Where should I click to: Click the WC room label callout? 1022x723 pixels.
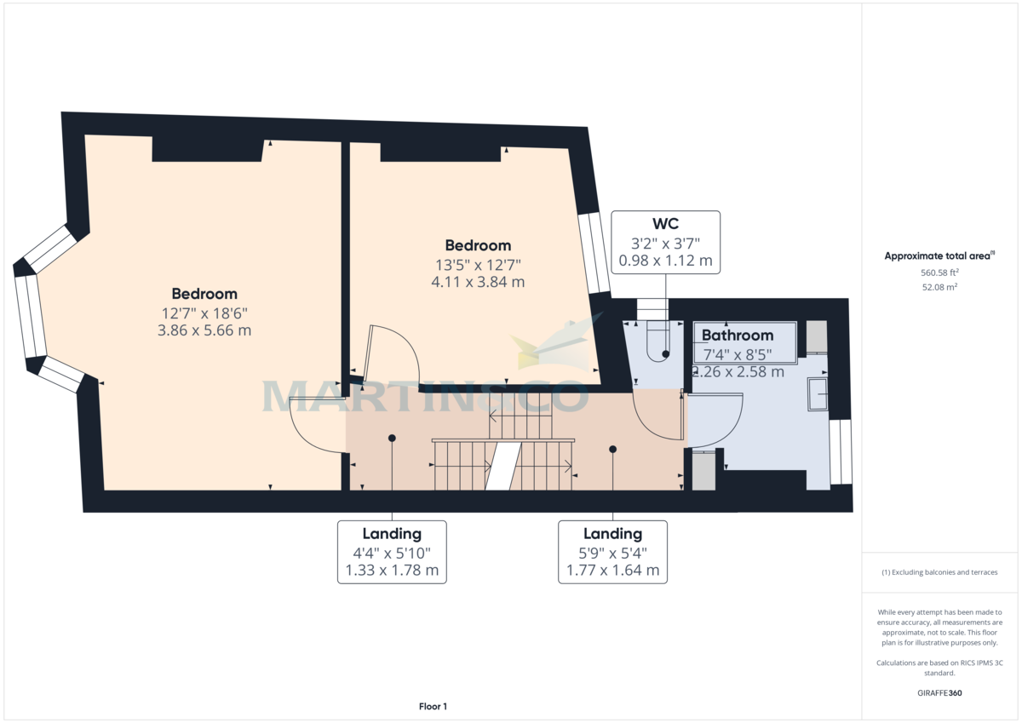click(x=666, y=242)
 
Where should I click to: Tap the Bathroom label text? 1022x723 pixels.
click(x=738, y=336)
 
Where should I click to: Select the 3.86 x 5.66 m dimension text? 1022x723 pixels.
click(x=204, y=330)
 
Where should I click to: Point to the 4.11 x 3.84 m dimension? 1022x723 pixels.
click(x=477, y=281)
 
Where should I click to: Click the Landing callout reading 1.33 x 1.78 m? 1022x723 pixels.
click(x=392, y=552)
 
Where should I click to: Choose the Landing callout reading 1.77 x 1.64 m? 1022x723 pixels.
click(x=612, y=552)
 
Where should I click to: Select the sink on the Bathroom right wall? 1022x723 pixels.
click(x=818, y=393)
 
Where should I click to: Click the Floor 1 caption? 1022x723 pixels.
click(x=433, y=706)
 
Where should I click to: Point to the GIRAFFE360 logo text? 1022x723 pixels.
click(x=940, y=693)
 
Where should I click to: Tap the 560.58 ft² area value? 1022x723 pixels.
click(x=940, y=273)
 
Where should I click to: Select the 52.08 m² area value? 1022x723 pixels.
click(x=940, y=287)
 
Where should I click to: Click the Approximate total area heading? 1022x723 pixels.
click(x=940, y=255)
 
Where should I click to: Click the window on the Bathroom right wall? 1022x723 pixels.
click(x=840, y=451)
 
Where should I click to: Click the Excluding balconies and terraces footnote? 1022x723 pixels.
click(x=940, y=572)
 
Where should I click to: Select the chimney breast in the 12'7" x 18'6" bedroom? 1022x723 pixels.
click(x=207, y=149)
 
